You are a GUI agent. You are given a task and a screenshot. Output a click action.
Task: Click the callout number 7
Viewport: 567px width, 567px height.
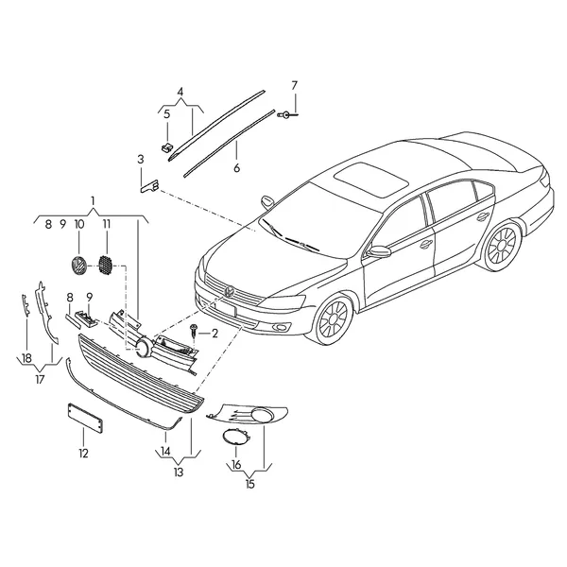coord(294,86)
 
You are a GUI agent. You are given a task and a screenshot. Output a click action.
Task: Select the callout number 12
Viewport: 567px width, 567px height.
coord(83,454)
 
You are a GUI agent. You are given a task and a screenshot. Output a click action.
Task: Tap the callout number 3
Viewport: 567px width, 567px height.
coord(141,159)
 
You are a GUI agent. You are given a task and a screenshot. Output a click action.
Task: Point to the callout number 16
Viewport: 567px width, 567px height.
coord(235,464)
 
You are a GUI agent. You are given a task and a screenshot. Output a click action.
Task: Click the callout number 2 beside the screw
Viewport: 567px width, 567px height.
coord(215,334)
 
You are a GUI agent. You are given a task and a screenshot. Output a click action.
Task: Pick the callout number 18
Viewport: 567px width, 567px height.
coord(26,358)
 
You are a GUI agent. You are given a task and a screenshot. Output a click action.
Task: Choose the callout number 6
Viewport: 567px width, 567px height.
coord(237,168)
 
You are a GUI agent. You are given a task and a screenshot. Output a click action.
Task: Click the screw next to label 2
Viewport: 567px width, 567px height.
coord(194,330)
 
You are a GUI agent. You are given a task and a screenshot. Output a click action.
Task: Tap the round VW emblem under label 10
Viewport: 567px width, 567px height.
coord(78,266)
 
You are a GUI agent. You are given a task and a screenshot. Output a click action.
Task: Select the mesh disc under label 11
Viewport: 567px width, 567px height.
coord(106,266)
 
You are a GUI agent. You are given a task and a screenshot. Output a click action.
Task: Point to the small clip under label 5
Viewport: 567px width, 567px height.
coord(166,146)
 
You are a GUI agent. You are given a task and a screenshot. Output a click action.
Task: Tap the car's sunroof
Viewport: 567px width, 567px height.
coord(371,180)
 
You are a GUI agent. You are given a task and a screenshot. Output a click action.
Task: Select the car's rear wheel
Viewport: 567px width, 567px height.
coord(503,247)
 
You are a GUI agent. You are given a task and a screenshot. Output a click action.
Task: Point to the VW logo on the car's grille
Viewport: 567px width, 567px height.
coord(230,291)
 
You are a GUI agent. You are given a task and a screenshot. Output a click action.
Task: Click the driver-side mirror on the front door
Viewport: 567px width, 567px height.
coord(379,251)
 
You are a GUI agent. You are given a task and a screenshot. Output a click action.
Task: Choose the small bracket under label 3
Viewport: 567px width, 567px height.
coord(149,187)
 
